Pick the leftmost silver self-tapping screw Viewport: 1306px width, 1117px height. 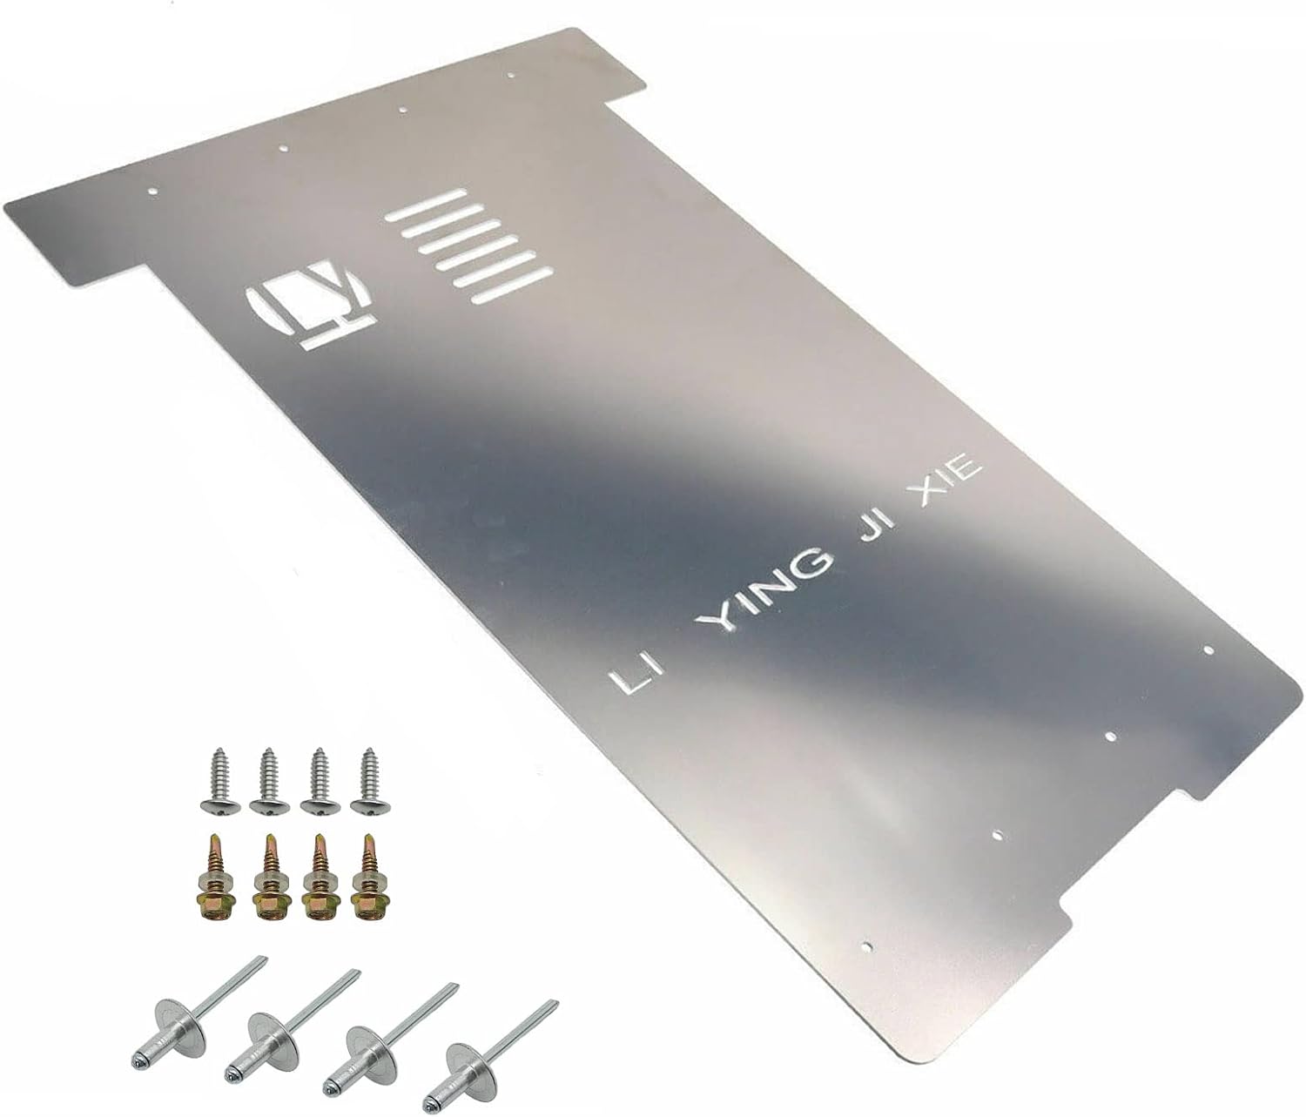(218, 778)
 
